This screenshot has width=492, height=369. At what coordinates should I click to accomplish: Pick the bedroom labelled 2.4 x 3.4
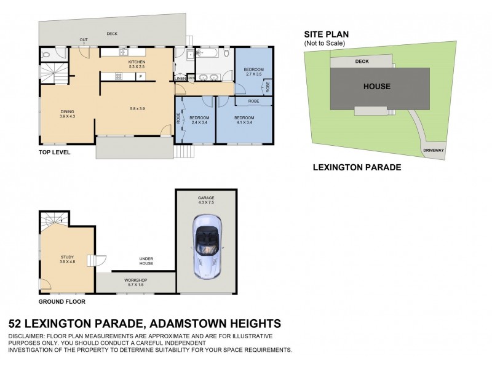pyautogui.click(x=199, y=120)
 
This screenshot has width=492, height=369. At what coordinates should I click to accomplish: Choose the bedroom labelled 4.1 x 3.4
pyautogui.click(x=244, y=120)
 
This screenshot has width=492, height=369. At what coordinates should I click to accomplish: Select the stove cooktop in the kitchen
pyautogui.click(x=119, y=76)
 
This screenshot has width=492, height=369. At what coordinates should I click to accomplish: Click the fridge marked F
pyautogui.click(x=141, y=76)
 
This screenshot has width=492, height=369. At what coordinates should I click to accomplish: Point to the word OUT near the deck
pyautogui.click(x=83, y=41)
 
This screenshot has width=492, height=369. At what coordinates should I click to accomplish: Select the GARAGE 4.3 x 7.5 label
pyautogui.click(x=205, y=200)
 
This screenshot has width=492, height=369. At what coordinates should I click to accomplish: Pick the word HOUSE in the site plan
pyautogui.click(x=376, y=86)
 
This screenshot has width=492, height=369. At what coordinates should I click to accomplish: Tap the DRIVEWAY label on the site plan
pyautogui.click(x=433, y=150)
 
